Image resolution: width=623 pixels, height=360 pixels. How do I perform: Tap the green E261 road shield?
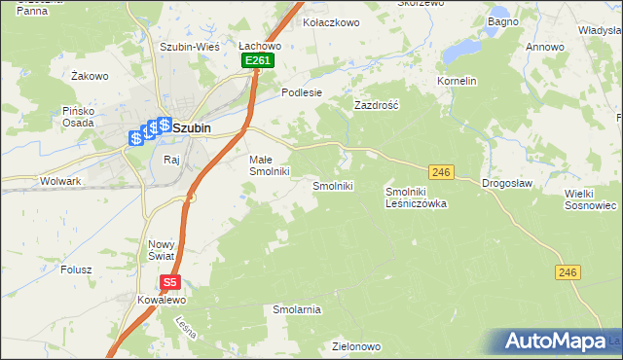pos(258,61)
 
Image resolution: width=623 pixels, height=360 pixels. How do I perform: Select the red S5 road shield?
pos(170,282)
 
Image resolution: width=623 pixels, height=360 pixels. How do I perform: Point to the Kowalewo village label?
pos(161,301)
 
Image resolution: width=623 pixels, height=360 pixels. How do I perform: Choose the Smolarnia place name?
pos(297,309)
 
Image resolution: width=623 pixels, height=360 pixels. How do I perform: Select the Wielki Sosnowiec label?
pos(591,199)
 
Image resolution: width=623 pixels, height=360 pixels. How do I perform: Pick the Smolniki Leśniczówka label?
pos(416,198)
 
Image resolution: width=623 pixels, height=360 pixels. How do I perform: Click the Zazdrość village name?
pos(377,103)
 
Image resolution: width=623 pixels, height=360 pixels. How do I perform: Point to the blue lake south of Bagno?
pos(462,48)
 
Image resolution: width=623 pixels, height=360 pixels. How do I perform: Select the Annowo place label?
pos(544,47)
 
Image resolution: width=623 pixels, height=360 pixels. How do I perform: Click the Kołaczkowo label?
pos(332,20)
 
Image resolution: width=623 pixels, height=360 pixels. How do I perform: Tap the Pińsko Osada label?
pos(75,117)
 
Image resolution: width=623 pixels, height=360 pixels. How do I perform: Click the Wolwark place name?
pos(60,181)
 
